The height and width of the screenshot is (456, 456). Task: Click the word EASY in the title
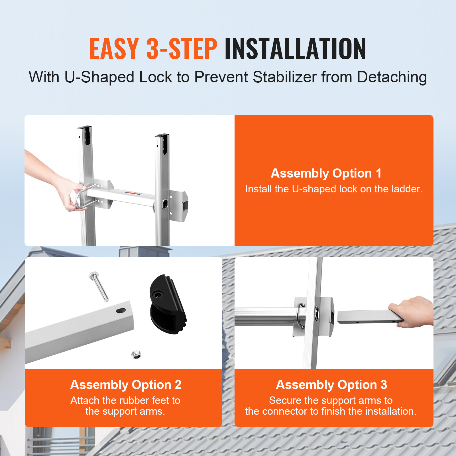click(114, 49)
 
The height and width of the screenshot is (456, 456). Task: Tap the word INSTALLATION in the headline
click(295, 49)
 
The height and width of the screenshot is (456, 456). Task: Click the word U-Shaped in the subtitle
click(99, 77)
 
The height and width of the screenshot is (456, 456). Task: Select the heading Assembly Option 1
click(326, 173)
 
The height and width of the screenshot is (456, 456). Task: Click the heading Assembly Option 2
click(126, 385)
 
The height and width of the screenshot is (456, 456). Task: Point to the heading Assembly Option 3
click(331, 385)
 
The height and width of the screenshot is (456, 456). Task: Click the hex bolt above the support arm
click(99, 286)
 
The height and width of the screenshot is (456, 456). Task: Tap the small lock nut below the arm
click(136, 355)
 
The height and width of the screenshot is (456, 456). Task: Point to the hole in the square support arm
click(121, 310)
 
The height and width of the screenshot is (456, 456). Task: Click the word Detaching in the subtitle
click(392, 77)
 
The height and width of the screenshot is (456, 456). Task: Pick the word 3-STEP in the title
click(182, 49)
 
